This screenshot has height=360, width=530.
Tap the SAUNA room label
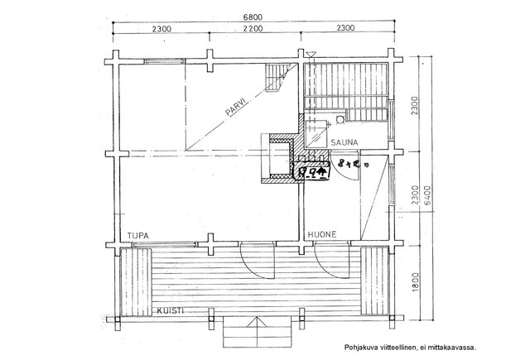pos(342,142)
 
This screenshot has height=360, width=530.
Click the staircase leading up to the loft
pos(279,79)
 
